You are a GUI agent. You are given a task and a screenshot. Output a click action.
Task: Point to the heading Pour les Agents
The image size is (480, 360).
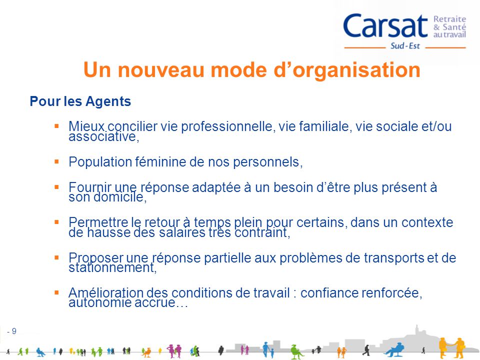pos(80,102)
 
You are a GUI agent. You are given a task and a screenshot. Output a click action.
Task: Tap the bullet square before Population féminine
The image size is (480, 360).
pos(57,161)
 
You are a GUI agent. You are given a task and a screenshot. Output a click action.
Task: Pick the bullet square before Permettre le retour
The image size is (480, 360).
pos(57,221)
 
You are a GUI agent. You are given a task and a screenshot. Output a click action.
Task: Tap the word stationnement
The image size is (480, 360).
pos(111,268)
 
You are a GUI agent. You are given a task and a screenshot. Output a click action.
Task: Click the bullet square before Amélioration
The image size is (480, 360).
pos(57,292)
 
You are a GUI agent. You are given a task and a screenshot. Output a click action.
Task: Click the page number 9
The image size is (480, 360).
pos(14,330)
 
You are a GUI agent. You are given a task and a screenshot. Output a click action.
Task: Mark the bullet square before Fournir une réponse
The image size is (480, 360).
pos(57,186)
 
